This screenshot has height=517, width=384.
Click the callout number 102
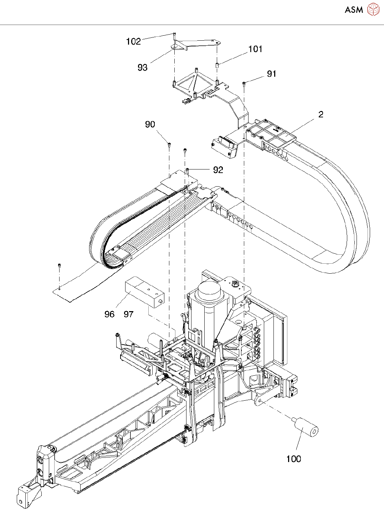coord(133,41)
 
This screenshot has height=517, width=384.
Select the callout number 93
coord(142,67)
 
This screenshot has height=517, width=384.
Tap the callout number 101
coord(255,49)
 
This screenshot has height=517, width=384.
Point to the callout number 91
coord(271,74)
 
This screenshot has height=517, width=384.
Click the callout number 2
coord(321,115)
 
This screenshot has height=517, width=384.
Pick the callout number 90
coord(150,124)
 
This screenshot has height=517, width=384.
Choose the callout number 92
coord(218,170)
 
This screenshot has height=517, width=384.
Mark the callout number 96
coord(109,314)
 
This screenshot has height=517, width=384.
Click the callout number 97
coord(128,314)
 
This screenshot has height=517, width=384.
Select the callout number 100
coord(294,459)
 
